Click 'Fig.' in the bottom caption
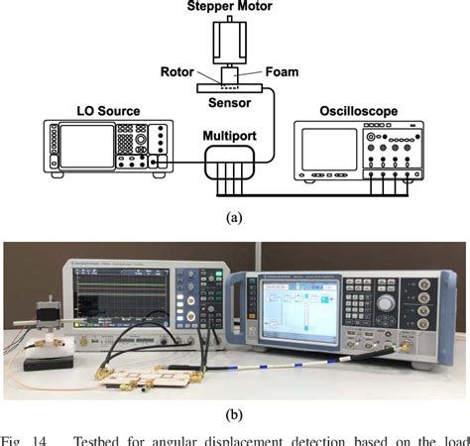point(13,438)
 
